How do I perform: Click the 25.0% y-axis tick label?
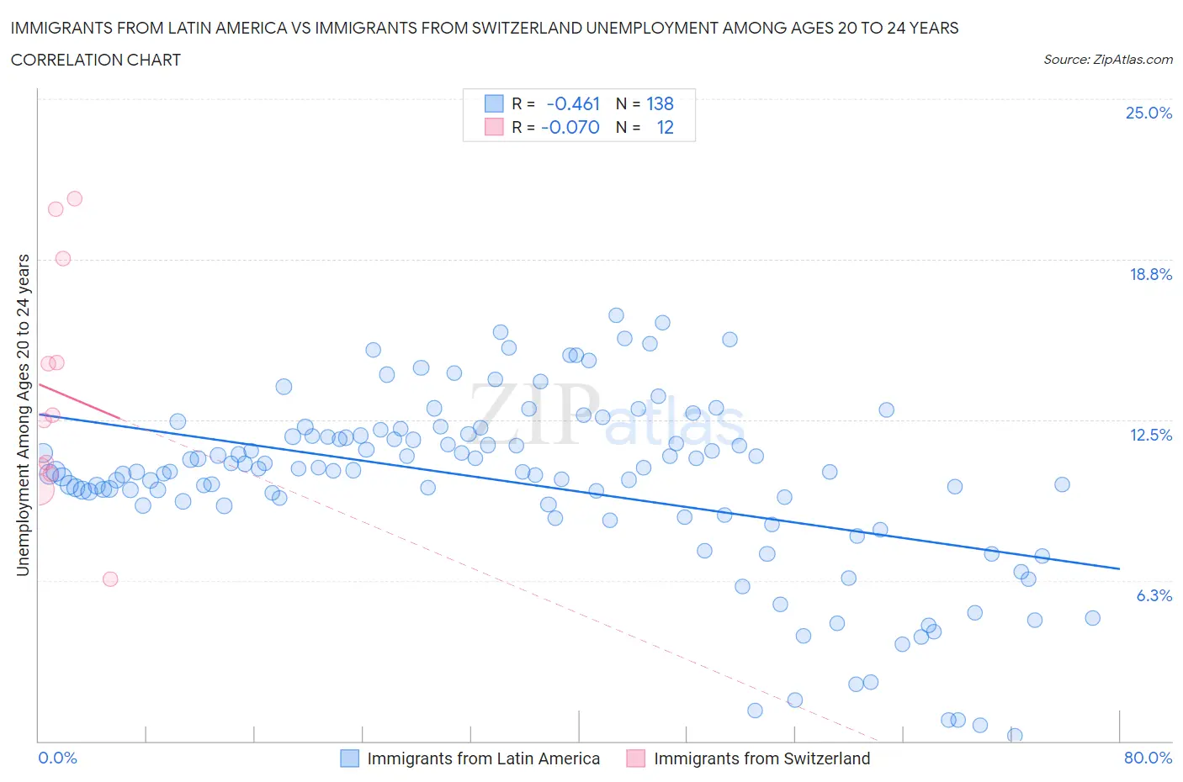pos(1149,113)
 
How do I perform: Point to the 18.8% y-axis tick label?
pos(1150,274)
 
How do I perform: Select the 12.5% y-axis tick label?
pos(1150,435)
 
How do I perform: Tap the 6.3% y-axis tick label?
pos(1154,595)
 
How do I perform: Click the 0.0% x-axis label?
pos(57,758)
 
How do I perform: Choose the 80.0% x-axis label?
pos(1148,758)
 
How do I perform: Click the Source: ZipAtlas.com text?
pos(1107,59)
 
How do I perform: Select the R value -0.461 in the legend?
pos(572,103)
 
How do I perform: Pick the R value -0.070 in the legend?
pos(570,127)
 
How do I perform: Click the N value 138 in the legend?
pos(660,103)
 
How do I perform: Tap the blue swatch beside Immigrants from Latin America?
pos(349,758)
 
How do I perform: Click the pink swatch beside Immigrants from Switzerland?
pos(635,758)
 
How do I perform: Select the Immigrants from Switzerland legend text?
pos(761,758)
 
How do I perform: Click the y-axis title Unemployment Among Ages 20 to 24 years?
pos(23,415)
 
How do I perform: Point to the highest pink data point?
pos(74,198)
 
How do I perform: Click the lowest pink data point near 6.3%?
pos(110,579)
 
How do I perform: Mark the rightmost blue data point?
pos(1092,618)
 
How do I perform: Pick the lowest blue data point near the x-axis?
pos(1015,736)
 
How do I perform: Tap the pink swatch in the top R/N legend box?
pos(494,127)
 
